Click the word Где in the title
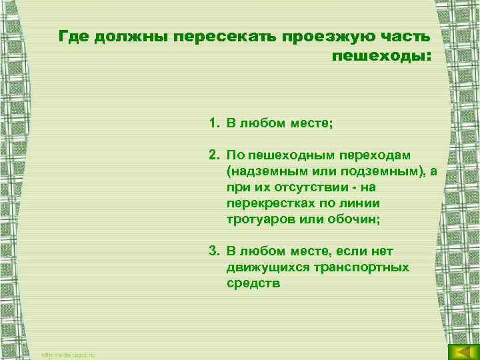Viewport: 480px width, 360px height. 71,36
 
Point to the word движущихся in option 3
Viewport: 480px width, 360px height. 261,267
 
